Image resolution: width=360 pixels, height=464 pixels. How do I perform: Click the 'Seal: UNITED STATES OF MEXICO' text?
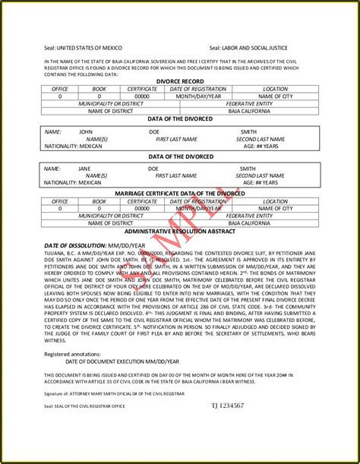click(81, 46)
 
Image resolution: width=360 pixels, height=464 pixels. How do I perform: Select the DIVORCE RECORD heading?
click(180, 81)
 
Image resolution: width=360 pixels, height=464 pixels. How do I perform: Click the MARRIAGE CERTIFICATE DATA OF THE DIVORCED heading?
click(180, 194)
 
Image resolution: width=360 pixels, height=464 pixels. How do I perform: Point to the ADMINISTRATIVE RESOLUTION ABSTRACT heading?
click(180, 229)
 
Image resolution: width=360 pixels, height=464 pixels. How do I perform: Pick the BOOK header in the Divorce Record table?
click(99, 89)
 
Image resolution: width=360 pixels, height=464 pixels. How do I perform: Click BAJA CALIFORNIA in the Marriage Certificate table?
click(250, 223)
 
